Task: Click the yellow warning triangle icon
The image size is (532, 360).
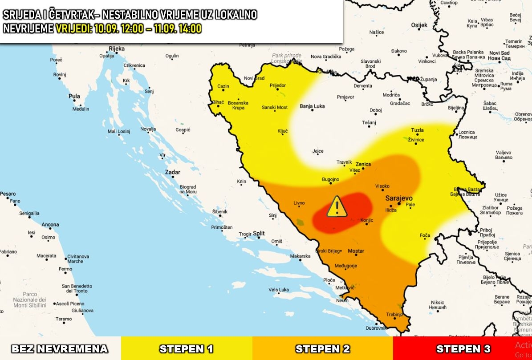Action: coord(337,207)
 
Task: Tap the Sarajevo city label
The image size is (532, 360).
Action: coord(399,198)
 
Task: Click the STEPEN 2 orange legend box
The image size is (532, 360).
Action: coord(323,348)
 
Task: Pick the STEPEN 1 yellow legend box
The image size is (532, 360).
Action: coord(186,348)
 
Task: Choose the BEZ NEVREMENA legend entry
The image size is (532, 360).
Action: coord(60,348)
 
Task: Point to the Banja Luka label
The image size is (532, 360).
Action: coord(312,106)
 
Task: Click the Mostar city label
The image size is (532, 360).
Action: coord(356,251)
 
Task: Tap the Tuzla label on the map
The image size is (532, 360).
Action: coord(417,130)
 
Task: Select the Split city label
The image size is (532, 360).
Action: coord(259,233)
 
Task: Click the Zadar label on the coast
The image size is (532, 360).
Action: coord(172,172)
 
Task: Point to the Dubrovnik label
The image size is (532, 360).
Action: coord(376,328)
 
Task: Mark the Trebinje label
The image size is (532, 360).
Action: coord(394,314)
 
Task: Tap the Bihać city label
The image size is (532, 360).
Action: coord(218,102)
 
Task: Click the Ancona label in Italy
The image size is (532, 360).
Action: coord(50,225)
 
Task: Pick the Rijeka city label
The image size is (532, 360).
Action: coord(117,48)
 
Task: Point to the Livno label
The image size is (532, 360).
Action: coord(299,203)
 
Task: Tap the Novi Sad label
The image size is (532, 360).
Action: coord(499,53)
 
